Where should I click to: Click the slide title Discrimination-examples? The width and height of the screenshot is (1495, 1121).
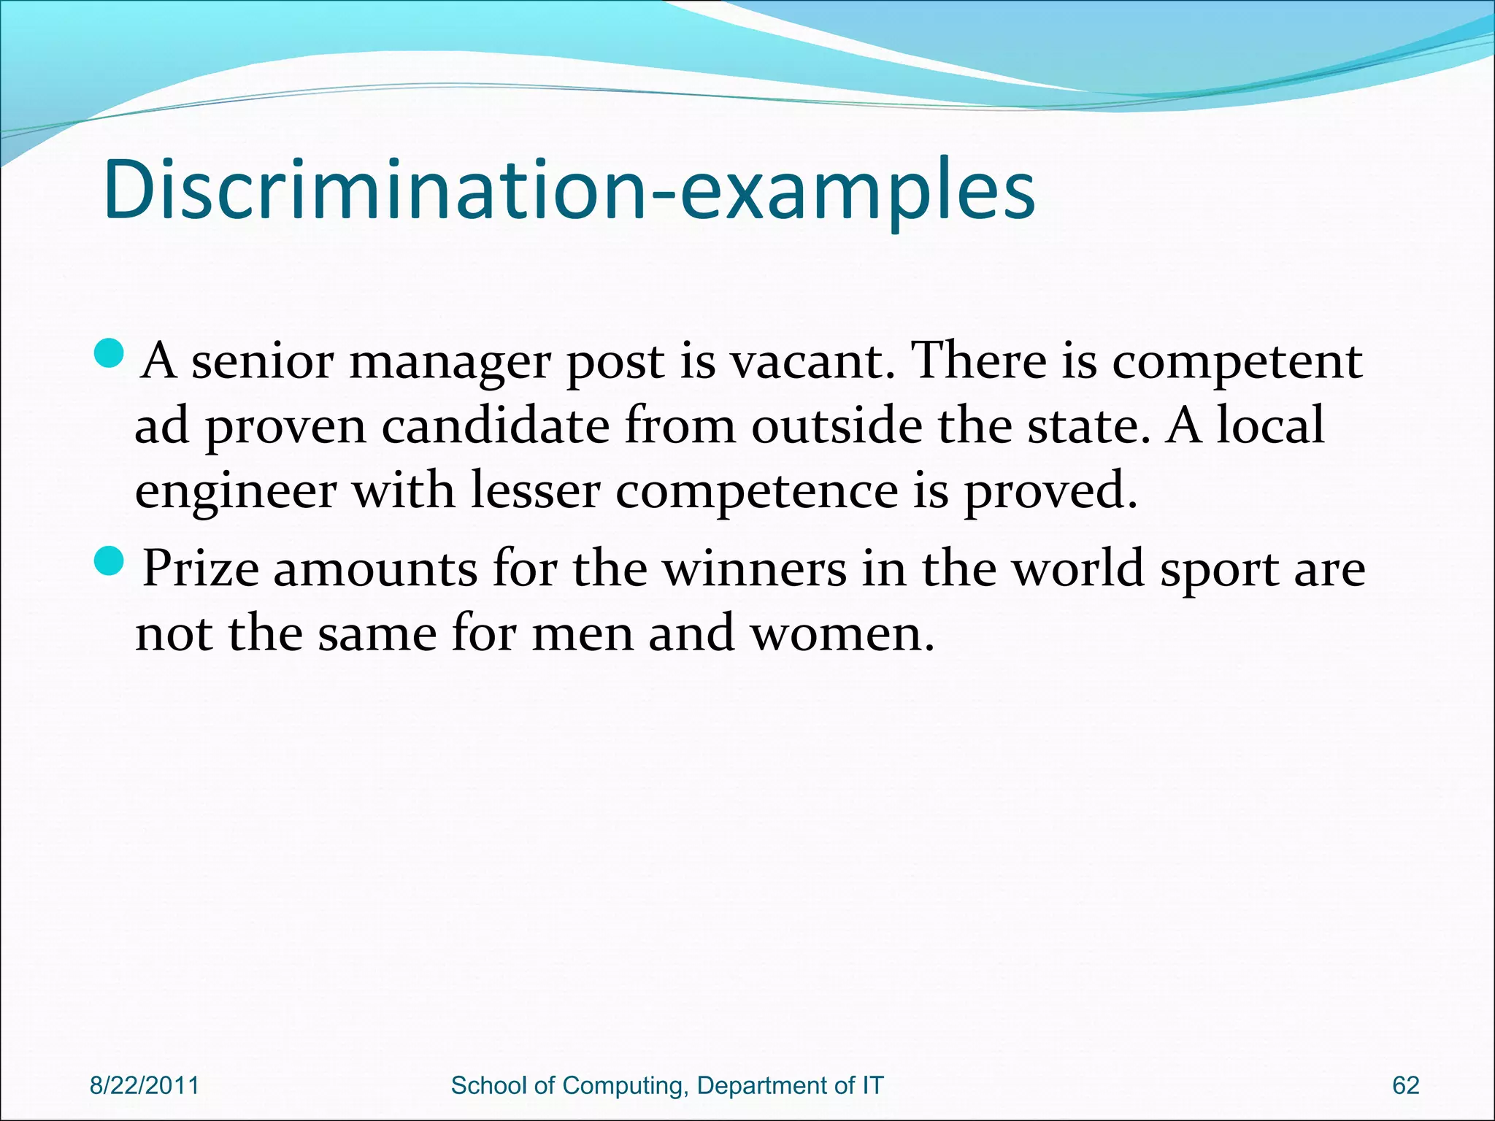tap(569, 190)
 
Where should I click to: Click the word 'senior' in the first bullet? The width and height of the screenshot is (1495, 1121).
tap(262, 361)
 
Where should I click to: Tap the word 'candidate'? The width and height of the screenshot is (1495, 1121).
tap(496, 425)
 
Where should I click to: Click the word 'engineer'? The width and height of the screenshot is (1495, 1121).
tap(235, 491)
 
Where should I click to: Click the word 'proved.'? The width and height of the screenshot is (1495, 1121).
tap(1050, 491)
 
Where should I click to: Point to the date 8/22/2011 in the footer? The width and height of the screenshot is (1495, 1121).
tap(144, 1085)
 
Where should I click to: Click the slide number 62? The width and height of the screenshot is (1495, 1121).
tap(1405, 1085)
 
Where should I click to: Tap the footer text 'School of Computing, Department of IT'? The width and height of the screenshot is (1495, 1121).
tap(667, 1085)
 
